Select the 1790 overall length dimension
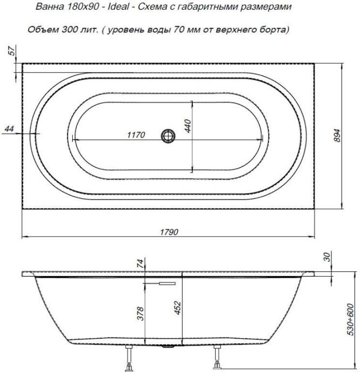point(169,231)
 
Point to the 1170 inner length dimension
point(136,135)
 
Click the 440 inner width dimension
point(188,125)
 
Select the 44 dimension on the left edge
point(9,128)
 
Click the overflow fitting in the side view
point(161,281)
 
